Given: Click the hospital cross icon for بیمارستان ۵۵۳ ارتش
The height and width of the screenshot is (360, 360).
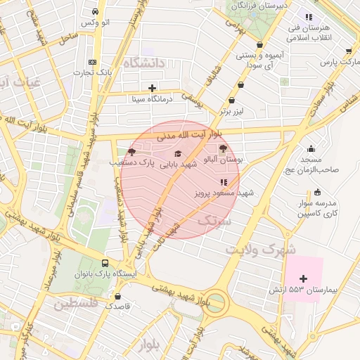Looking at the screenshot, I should pyautogui.click(x=303, y=279).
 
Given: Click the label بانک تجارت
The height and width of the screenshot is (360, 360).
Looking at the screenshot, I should pyautogui.click(x=96, y=72).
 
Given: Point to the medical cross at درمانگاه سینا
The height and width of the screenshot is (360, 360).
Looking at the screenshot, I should pyautogui.click(x=152, y=88).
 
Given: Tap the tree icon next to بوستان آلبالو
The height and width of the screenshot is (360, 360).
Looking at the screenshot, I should pyautogui.click(x=224, y=148).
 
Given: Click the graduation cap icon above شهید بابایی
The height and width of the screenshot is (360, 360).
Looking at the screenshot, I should pyautogui.click(x=178, y=153).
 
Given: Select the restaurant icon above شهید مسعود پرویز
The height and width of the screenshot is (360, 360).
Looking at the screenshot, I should pyautogui.click(x=224, y=182).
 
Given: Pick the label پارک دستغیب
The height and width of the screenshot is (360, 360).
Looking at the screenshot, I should pyautogui.click(x=131, y=162).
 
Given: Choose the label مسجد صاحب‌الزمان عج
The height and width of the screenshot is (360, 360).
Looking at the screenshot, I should pyautogui.click(x=307, y=164).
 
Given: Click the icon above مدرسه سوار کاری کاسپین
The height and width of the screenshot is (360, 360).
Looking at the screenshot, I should pyautogui.click(x=317, y=192).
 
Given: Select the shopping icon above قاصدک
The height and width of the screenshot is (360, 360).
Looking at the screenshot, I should pyautogui.click(x=117, y=296).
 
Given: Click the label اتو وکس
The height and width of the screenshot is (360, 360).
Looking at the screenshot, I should pyautogui.click(x=96, y=23).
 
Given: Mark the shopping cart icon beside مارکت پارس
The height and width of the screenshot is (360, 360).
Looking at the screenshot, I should pyautogui.click(x=349, y=51).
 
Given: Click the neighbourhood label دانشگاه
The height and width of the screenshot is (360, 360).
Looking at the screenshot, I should pyautogui.click(x=143, y=63).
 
